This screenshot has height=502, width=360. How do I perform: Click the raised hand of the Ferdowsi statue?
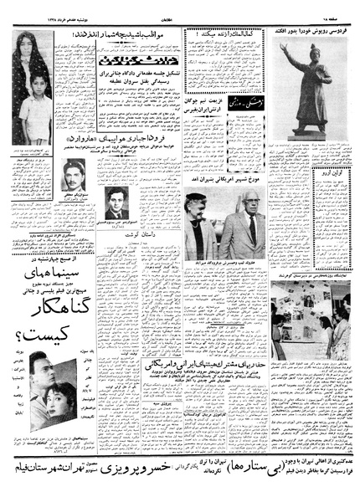tap(288, 52)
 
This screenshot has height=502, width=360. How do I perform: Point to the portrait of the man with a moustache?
tap(75, 177)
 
